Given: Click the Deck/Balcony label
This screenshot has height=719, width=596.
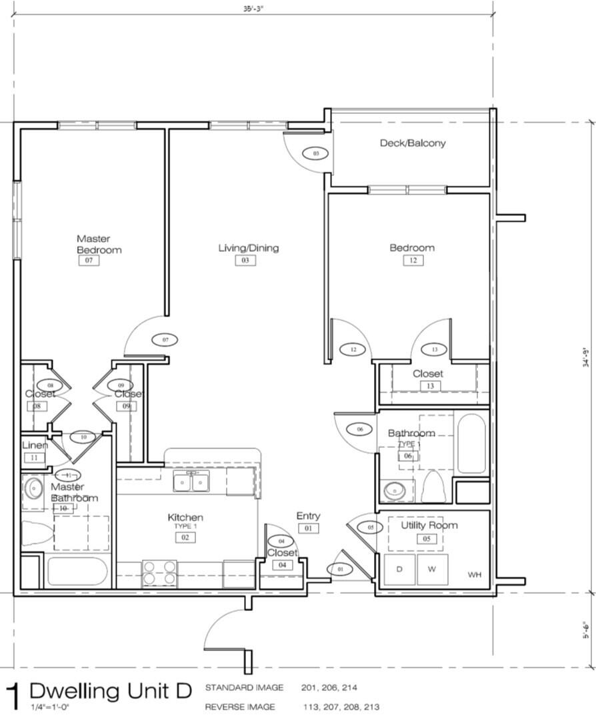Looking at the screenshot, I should tap(413, 143).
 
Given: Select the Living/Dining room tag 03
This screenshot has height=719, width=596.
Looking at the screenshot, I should tap(245, 261).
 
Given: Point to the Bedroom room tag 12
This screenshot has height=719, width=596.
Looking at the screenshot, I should tap(413, 261).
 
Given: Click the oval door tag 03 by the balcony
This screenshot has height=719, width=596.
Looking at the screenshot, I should tap(316, 153).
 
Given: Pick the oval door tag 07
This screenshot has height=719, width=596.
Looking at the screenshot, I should tap(165, 340).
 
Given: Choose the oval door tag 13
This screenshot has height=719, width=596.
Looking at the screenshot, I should tap(434, 349).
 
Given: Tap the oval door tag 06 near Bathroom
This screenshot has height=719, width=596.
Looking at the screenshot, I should tap(360, 430).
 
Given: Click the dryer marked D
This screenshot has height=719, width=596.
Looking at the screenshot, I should tap(399, 569).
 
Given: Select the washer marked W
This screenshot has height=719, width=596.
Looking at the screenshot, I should tap(432, 569).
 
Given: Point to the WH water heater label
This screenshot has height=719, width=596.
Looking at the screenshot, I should tap(474, 574).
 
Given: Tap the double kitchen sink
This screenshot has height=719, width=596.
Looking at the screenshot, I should tap(191, 480).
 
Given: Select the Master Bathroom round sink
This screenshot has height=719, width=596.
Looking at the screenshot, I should tap(32, 490).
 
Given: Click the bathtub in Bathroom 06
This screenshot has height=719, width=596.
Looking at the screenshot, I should tap(471, 443).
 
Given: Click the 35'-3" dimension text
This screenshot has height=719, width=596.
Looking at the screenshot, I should tap(252, 9).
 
